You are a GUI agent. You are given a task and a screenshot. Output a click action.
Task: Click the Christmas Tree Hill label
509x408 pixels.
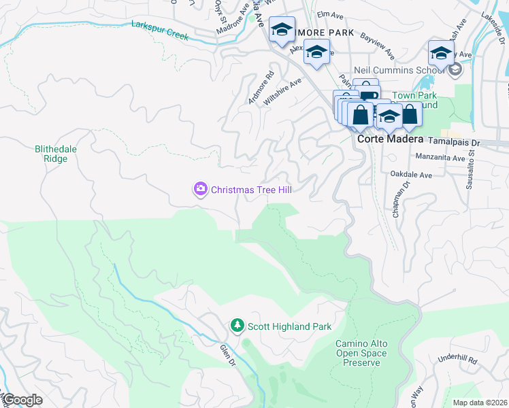[251, 190]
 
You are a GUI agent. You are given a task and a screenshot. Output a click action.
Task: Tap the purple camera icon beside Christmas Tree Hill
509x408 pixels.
[200, 189]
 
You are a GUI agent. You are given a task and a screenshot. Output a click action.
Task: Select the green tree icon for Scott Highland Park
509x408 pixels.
[237, 326]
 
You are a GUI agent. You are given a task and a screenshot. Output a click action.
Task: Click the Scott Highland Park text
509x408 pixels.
[289, 326]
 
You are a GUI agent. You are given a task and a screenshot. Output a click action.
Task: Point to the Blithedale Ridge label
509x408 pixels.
[51, 153]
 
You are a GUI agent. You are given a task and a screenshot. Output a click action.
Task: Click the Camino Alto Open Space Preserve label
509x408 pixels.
[361, 354]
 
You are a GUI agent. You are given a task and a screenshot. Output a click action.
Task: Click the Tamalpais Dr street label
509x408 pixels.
[452, 143]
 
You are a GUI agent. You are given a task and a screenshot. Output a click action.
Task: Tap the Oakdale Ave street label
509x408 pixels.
[411, 175]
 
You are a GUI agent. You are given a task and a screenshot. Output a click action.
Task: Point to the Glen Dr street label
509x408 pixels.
[226, 355]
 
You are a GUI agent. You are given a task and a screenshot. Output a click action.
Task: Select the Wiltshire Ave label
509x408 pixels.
[282, 90]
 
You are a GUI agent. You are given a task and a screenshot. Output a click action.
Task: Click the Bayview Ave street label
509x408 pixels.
[378, 44]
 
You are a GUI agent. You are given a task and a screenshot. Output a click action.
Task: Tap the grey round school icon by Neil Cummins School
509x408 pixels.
[455, 69]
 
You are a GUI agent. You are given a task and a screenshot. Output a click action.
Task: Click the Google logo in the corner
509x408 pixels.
[22, 400]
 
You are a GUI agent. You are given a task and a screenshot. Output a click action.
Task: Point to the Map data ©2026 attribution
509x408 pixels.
[480, 403]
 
